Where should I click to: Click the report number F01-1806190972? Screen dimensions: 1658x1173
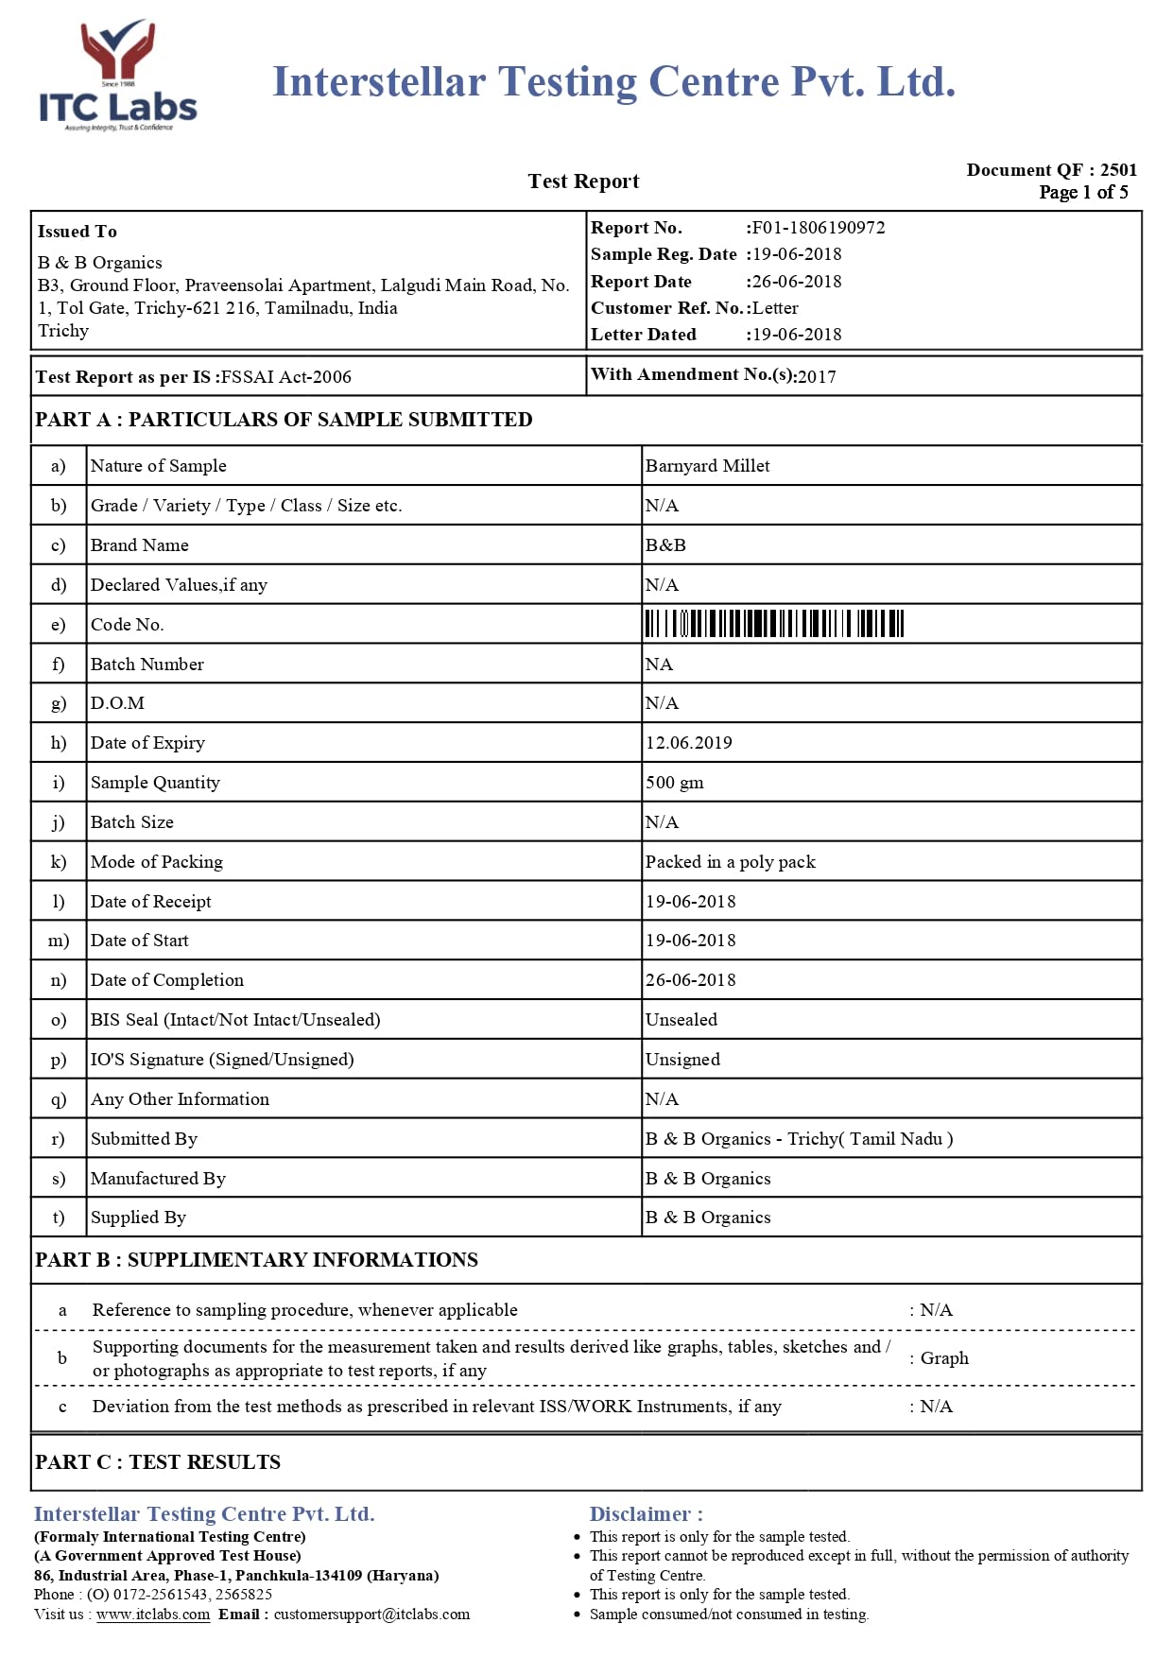[819, 228]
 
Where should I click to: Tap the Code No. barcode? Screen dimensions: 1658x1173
[774, 624]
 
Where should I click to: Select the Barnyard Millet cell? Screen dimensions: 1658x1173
[707, 466]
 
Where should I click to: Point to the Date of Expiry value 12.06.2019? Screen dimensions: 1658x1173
[688, 743]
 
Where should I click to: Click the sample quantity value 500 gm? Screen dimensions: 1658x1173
[674, 783]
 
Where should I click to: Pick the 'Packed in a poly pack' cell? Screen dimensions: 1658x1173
[730, 862]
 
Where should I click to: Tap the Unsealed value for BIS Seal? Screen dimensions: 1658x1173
[681, 1020]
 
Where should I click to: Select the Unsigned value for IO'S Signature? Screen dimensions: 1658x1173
[682, 1060]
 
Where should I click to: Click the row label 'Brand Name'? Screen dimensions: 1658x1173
[140, 545]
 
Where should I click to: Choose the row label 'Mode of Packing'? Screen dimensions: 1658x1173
[157, 862]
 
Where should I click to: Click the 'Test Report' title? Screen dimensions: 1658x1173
[583, 181]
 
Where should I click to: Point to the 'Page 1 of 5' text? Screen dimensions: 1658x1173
[1083, 193]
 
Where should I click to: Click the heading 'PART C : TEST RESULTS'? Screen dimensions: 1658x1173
[158, 1462]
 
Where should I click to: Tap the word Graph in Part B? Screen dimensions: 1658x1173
[944, 1358]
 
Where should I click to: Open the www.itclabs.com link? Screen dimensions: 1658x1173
[153, 1615]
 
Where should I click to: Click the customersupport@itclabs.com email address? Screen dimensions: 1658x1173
[371, 1615]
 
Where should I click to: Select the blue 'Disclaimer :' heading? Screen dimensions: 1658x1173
[646, 1514]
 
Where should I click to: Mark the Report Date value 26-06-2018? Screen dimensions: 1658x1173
[797, 282]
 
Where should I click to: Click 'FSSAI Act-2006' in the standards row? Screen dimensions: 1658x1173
[285, 377]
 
